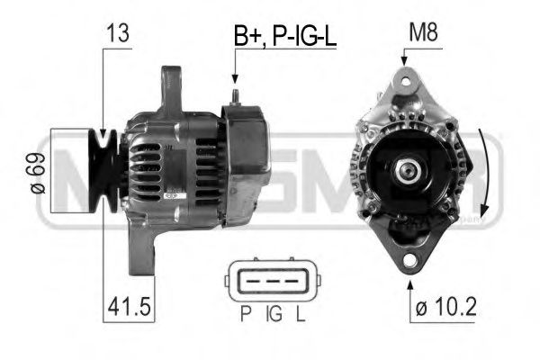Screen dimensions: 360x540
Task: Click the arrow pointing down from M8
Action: point(405,57)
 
